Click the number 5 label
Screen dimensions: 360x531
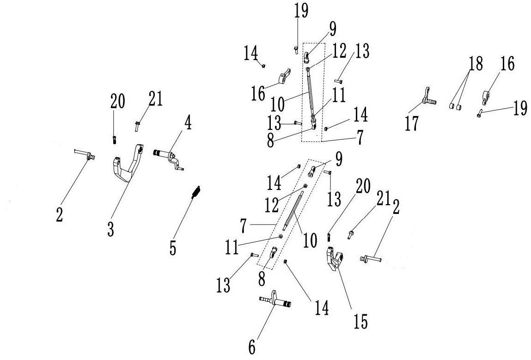172,247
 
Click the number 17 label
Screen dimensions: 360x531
411,123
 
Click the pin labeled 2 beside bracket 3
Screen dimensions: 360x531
84,154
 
